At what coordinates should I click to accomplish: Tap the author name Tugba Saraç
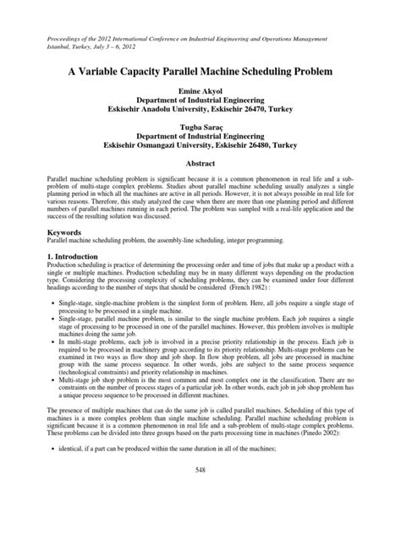coord(200,130)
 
